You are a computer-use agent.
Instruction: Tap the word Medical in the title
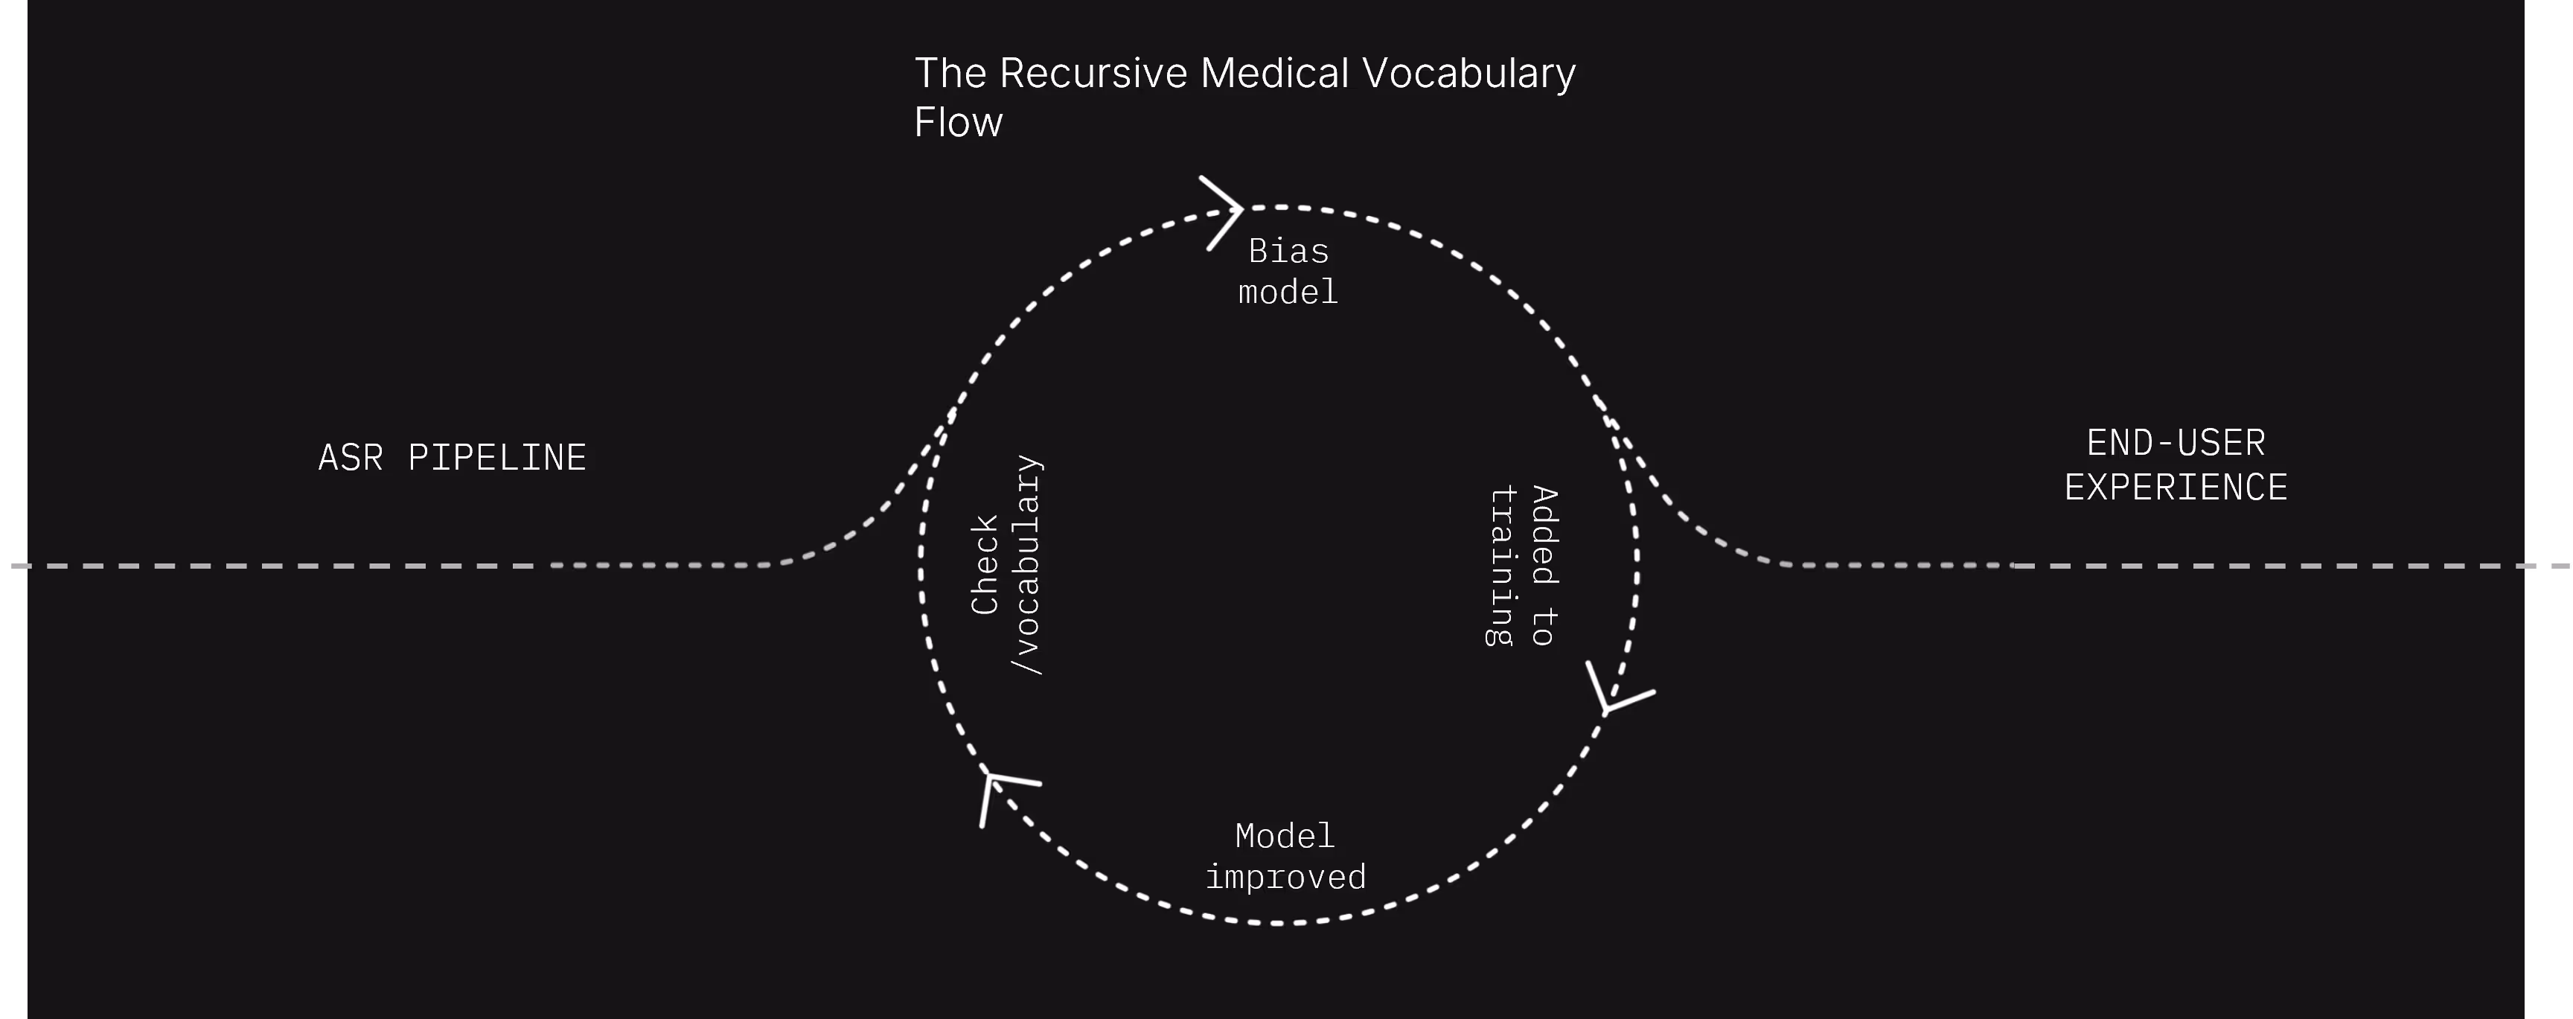tap(1273, 73)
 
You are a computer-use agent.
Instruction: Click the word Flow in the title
tap(958, 122)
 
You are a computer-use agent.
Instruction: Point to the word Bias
tap(1288, 251)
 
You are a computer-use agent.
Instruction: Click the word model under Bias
tap(1288, 292)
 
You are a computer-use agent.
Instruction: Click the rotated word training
tap(1501, 566)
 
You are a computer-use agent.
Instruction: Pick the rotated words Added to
tap(1544, 566)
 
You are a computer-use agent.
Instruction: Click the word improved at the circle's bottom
tap(1285, 877)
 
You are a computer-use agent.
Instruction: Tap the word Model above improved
tap(1285, 835)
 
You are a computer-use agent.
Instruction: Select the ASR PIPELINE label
tap(453, 458)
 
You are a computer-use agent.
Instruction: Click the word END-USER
tap(2176, 443)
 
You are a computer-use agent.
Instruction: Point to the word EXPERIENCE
tap(2176, 488)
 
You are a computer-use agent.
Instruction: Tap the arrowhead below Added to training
tap(1612, 693)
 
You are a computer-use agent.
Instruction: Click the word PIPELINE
tap(496, 458)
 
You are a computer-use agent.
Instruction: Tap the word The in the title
tap(951, 73)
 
